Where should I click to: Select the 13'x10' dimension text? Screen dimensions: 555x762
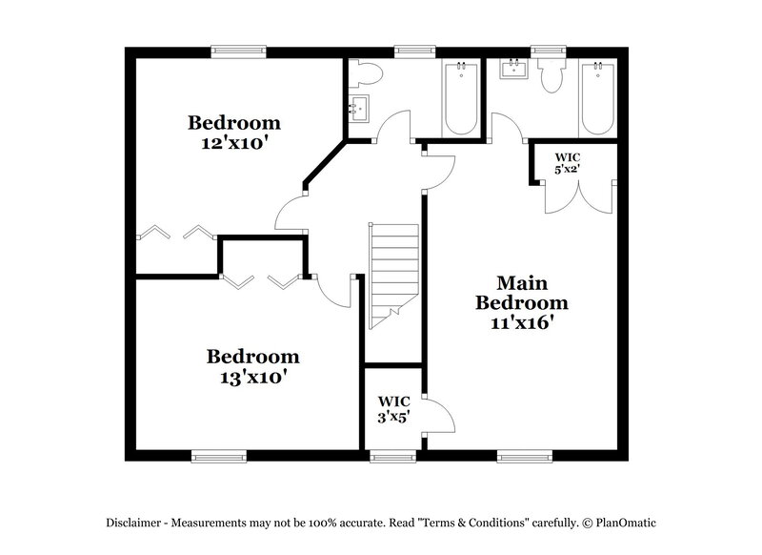[x=253, y=376]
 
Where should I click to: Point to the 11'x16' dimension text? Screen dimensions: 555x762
[x=522, y=322]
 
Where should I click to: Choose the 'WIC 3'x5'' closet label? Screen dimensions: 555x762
[x=393, y=407]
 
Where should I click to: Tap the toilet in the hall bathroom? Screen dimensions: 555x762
[x=368, y=73]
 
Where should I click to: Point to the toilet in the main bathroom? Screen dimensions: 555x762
[x=550, y=76]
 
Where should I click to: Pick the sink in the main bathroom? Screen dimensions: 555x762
[x=513, y=70]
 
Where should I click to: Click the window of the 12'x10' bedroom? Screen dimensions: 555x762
[x=237, y=52]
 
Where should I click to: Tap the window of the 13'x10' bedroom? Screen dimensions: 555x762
[x=219, y=456]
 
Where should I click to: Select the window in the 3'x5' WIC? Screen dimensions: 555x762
[x=393, y=456]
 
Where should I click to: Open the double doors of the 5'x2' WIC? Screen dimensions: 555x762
[x=571, y=196]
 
